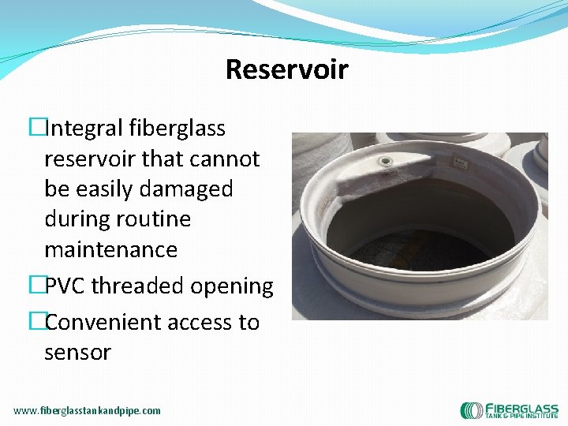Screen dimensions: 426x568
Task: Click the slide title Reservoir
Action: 286,69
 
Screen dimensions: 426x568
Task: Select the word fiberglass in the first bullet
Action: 182,129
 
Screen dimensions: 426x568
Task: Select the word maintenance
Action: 110,250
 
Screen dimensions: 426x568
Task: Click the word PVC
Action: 65,286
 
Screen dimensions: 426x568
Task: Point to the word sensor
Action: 77,353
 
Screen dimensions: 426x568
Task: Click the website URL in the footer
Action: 87,410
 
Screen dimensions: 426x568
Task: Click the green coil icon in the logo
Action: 472,410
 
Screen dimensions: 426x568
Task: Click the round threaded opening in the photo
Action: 386,162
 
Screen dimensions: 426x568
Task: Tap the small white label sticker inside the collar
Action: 459,163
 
